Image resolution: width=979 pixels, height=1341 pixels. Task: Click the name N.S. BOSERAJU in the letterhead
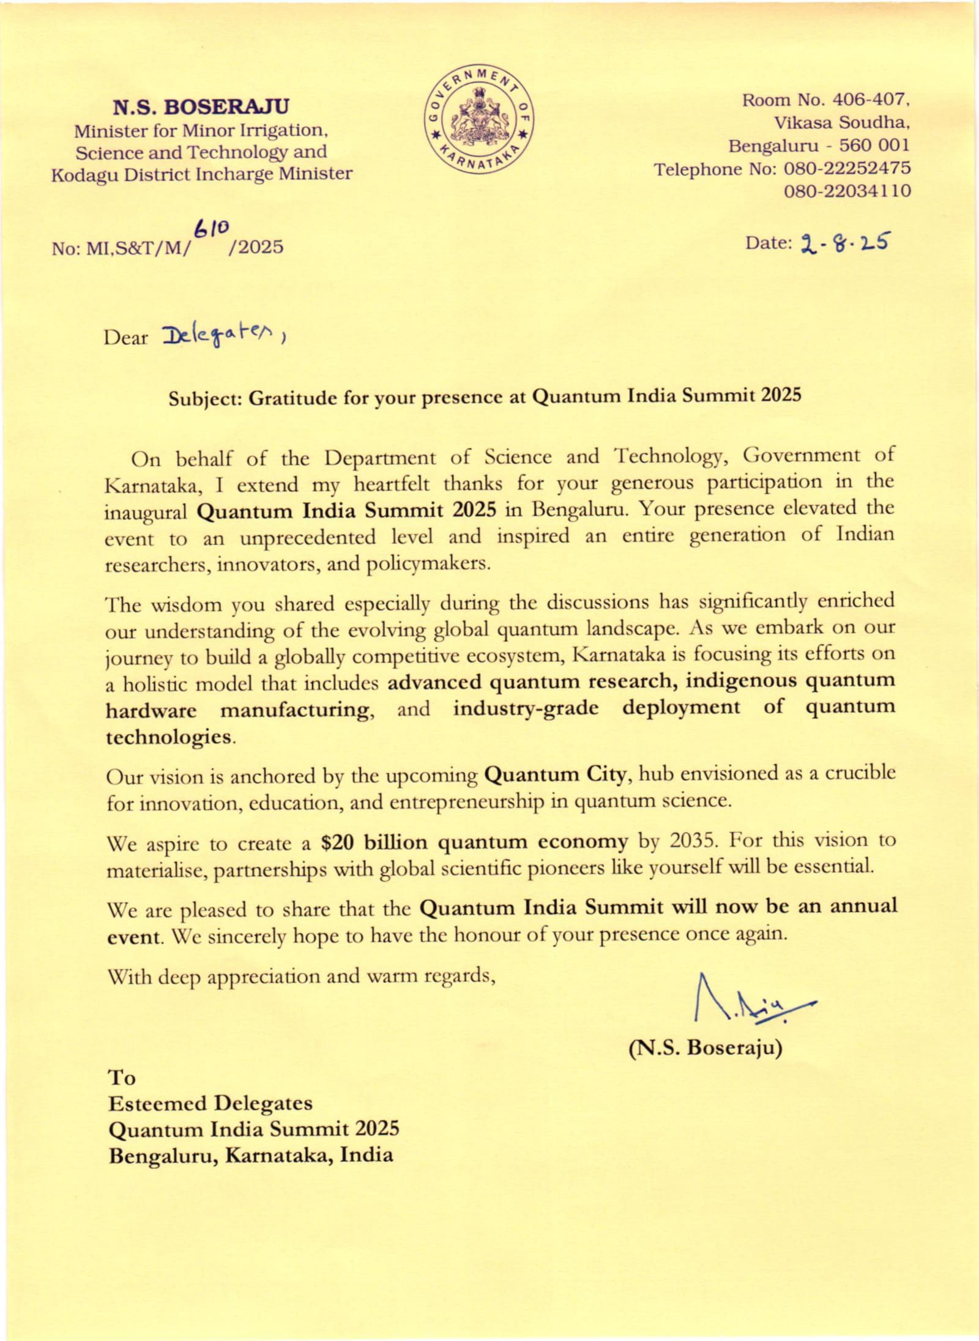coord(201,107)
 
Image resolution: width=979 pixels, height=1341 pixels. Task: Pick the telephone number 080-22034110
coord(847,191)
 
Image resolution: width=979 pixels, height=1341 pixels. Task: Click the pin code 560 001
coord(874,146)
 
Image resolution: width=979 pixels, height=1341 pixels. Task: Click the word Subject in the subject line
coord(206,399)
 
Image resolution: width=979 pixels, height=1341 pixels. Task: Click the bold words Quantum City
coord(556,775)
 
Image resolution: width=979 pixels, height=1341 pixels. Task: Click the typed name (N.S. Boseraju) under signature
coord(705,1047)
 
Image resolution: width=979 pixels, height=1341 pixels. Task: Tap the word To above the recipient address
coord(121,1077)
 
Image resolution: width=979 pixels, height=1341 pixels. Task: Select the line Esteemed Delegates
coord(210,1103)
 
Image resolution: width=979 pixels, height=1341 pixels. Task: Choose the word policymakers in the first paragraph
coord(428,563)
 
